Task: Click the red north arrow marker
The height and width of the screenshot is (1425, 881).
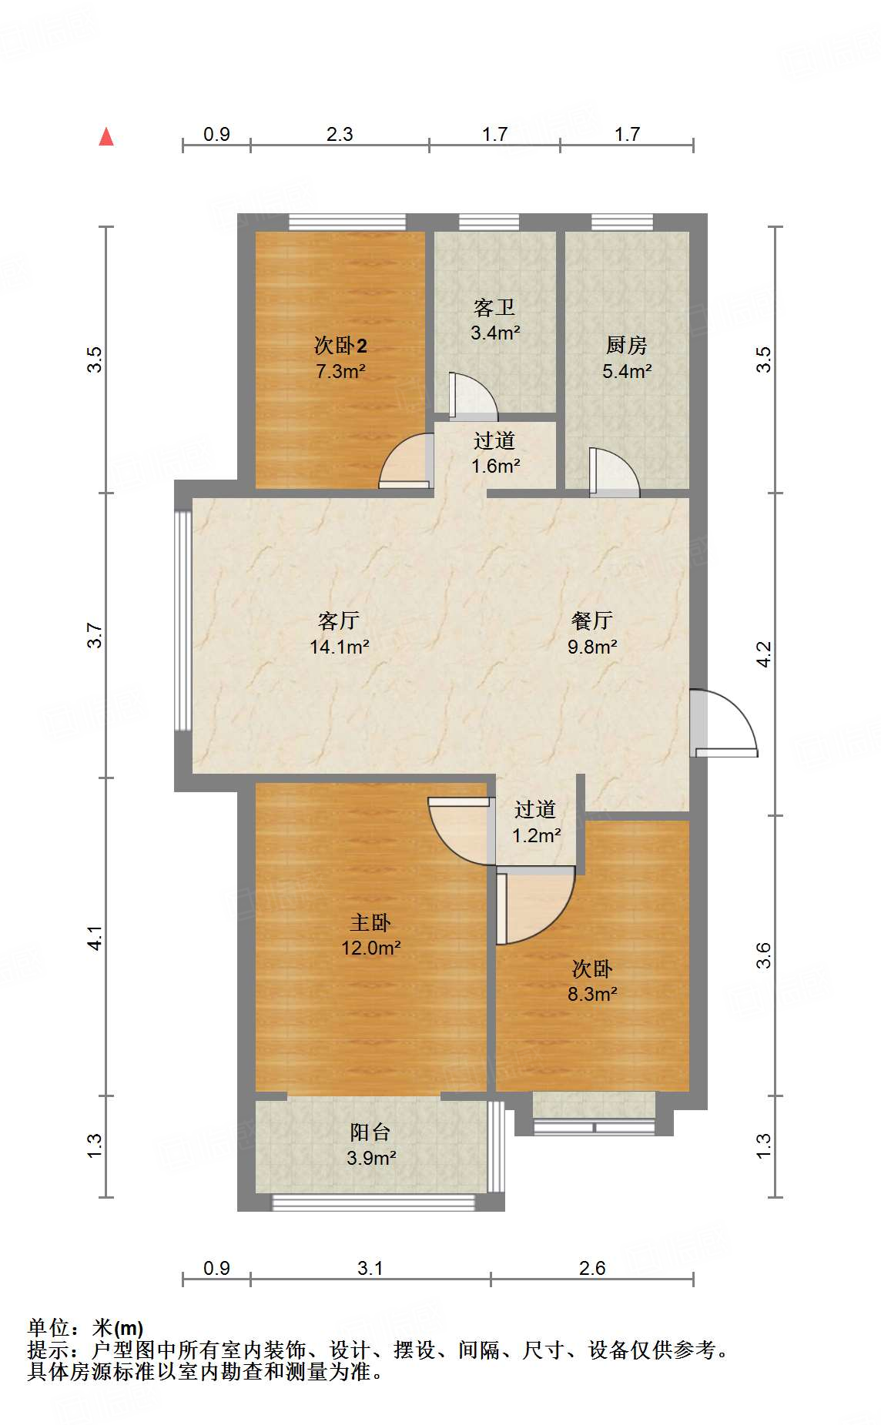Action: click(106, 137)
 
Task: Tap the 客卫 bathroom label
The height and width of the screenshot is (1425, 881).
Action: click(494, 308)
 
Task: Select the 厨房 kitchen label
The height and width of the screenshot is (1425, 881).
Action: click(626, 346)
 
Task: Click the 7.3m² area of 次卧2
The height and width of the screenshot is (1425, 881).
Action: click(340, 371)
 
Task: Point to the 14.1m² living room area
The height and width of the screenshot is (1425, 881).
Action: click(340, 647)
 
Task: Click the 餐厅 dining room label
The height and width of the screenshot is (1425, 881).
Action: click(592, 621)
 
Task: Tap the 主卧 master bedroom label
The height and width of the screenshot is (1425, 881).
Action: click(370, 922)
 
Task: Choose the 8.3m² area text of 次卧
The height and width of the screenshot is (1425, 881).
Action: click(592, 994)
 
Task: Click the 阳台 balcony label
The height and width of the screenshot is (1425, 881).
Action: click(370, 1132)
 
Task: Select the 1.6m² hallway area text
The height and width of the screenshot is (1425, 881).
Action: click(495, 466)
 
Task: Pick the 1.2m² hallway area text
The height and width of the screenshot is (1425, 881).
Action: click(536, 835)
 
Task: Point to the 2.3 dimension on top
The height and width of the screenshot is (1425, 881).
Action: click(340, 135)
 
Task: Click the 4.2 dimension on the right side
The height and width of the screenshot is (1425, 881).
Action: click(763, 654)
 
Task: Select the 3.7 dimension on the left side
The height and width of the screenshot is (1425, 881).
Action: click(95, 635)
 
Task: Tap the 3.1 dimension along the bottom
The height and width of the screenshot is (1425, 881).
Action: click(370, 1268)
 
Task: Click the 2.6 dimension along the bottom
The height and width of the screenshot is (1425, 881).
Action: click(592, 1268)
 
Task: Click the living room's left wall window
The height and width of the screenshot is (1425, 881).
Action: click(183, 621)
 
